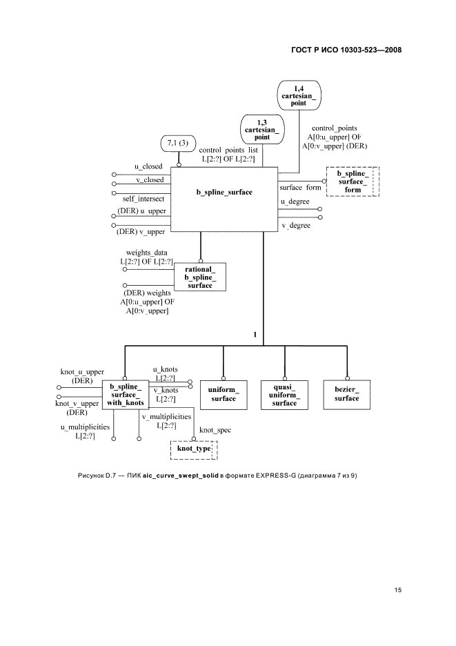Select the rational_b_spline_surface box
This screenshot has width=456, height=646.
(199, 277)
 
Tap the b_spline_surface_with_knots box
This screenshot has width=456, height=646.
(126, 394)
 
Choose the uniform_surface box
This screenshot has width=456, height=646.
(223, 394)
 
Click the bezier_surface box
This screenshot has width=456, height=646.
(346, 394)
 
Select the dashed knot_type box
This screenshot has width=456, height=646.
(193, 449)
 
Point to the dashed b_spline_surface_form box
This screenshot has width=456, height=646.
(353, 181)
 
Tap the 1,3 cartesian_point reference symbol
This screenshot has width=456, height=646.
(261, 129)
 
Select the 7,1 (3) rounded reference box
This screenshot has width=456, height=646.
(179, 144)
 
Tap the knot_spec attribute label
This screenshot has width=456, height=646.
(215, 430)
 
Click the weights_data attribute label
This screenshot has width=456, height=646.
(147, 253)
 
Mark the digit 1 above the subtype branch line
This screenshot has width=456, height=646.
(255, 335)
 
